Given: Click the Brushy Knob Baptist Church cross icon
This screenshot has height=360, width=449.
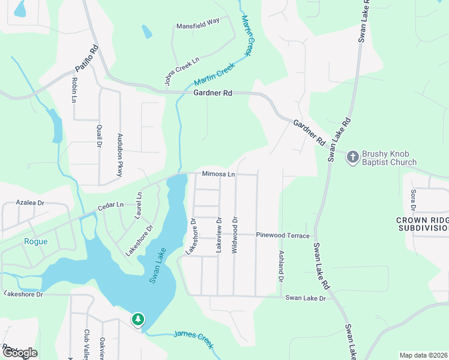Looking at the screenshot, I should point(352,157).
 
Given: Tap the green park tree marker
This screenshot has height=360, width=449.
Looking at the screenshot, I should point(139,319).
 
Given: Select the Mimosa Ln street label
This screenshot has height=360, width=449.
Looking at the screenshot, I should point(218,174).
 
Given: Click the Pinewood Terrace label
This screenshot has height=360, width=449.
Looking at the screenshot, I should point(282,236).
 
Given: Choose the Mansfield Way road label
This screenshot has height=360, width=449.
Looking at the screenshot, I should point(197,26).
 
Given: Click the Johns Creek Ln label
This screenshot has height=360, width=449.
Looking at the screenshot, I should point(182,72).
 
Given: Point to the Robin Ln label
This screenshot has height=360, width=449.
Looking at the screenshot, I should point(74,89).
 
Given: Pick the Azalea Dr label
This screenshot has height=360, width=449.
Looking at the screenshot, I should point(31,203).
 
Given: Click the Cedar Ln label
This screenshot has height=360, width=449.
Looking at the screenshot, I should point(110,206).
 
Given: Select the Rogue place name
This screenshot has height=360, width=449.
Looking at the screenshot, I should point(35,242).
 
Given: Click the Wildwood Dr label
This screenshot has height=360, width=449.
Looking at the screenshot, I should point(235,235).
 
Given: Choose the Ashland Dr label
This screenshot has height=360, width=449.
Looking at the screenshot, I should point(280,266).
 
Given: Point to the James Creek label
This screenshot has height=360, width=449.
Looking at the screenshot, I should point(193,338).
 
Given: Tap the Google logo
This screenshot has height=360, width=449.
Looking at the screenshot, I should point(19,353).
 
